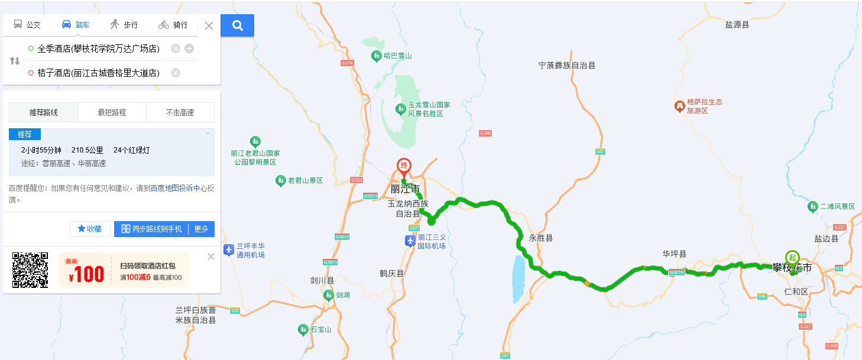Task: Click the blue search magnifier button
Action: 237,25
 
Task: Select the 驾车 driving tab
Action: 76,25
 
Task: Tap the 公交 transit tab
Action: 27,25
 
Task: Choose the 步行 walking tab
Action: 124,25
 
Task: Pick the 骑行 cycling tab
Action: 173,25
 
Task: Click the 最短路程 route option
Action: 112,112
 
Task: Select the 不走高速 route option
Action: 180,112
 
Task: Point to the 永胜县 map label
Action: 540,238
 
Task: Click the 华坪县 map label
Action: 674,254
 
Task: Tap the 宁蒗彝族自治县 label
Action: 567,66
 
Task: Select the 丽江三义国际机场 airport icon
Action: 410,241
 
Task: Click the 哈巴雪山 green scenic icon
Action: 376,56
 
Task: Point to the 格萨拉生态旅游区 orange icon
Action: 680,106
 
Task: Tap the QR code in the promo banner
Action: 30,270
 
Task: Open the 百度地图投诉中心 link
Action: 179,188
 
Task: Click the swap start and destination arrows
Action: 15,61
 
